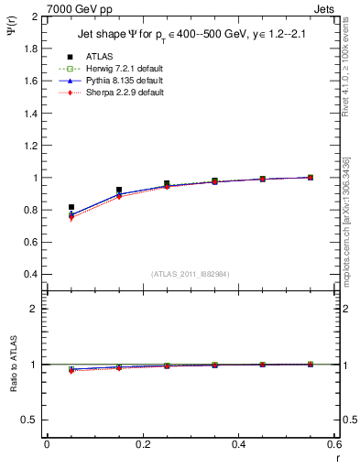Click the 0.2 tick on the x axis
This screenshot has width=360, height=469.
point(142,444)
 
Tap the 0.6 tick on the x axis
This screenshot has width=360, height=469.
point(333,444)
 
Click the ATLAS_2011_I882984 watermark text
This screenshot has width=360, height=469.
point(190,274)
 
